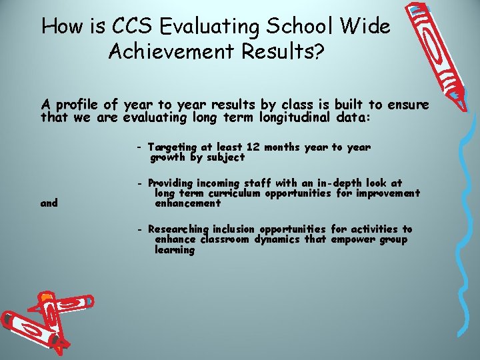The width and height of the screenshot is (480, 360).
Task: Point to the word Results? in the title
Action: [x=289, y=52]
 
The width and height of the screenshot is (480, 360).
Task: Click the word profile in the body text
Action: [x=79, y=105]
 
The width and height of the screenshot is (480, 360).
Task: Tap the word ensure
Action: [x=409, y=105]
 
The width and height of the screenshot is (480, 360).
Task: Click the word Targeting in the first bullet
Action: [x=172, y=147]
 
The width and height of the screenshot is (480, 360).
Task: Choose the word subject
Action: [x=225, y=157]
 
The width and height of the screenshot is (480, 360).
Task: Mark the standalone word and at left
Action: [x=49, y=203]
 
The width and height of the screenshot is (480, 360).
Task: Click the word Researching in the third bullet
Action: [x=179, y=229]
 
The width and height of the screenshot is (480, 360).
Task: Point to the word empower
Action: [x=354, y=239]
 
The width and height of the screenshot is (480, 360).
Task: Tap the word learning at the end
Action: [x=175, y=250]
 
